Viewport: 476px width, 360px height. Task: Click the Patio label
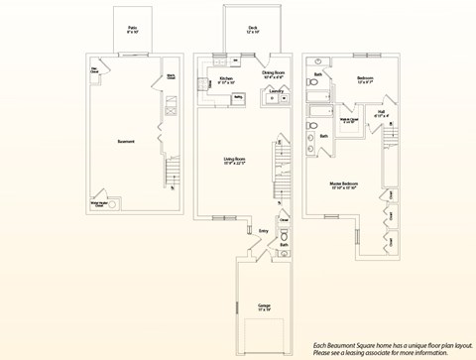(132, 30)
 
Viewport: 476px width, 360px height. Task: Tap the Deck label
(240, 30)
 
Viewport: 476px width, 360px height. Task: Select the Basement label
(126, 142)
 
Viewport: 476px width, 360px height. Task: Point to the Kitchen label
(226, 78)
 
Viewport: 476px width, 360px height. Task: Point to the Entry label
(264, 230)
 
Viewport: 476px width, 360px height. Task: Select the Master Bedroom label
(344, 184)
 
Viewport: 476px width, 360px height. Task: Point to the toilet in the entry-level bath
(285, 237)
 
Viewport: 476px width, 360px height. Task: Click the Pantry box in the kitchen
(238, 98)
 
